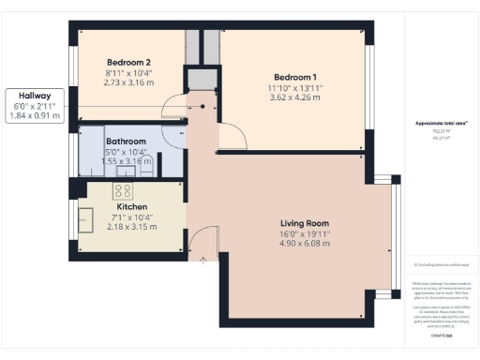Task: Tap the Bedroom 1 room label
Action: point(295,77)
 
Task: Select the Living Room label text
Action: point(304,223)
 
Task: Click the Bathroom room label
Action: point(127,142)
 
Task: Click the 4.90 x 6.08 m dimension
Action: point(304,245)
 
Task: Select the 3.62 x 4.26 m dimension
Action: point(295,97)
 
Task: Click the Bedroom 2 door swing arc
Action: point(174,110)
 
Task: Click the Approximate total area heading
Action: point(434,125)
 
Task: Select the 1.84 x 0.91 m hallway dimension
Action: point(34,117)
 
